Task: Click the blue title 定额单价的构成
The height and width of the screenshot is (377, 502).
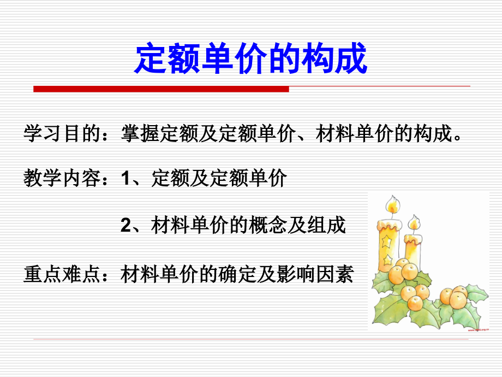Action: coord(250,59)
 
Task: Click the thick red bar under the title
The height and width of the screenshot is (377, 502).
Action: coord(161,89)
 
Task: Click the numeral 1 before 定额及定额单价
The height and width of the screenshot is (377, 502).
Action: coord(126,179)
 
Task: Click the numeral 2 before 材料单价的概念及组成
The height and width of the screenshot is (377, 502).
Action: coord(126,225)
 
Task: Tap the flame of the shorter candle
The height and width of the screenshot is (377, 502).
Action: coord(414,223)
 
